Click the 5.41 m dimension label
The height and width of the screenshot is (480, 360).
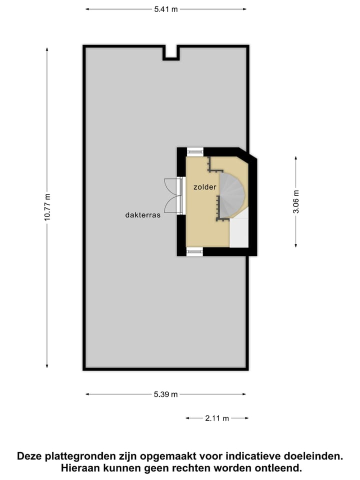(166, 9)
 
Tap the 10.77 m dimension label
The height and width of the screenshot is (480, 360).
(47, 207)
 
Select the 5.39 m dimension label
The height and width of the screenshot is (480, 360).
(166, 394)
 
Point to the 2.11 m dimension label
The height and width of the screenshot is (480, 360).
(217, 418)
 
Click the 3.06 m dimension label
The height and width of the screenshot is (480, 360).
(296, 201)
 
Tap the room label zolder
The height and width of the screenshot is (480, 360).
(205, 187)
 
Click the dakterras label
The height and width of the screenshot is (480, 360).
(142, 215)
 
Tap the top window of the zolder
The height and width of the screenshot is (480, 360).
(195, 151)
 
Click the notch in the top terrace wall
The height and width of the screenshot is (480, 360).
(171, 53)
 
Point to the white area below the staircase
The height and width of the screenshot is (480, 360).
(239, 233)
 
